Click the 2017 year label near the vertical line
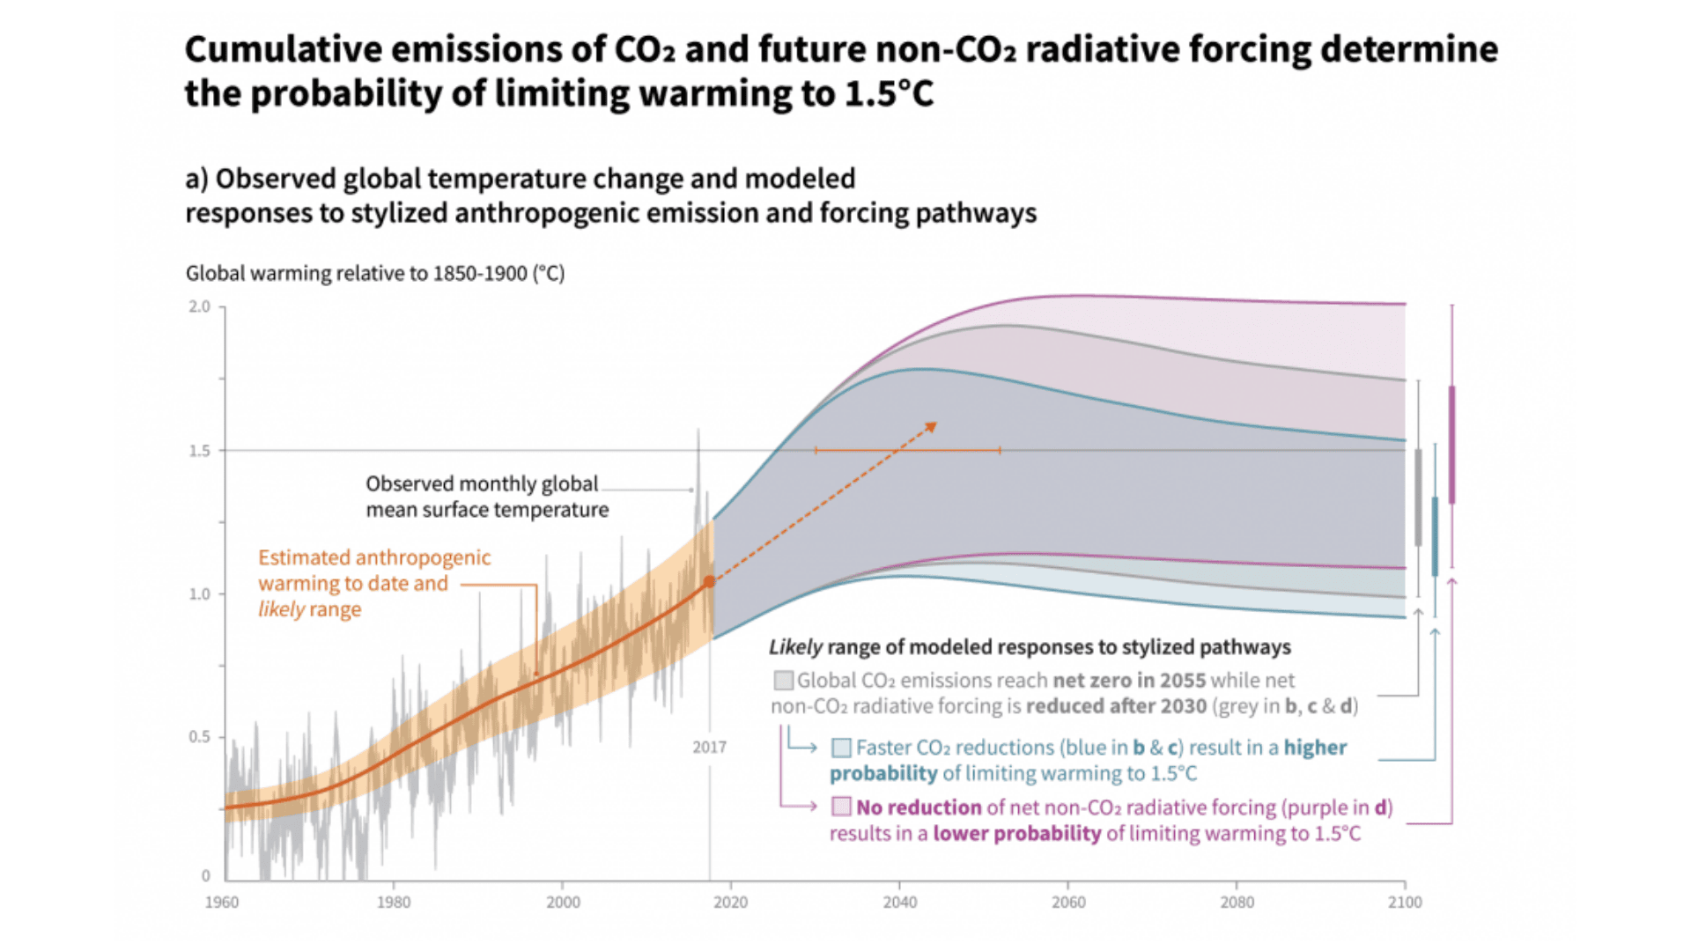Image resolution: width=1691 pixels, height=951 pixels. (x=709, y=748)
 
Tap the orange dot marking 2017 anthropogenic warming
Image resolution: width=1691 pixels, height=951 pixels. (x=709, y=582)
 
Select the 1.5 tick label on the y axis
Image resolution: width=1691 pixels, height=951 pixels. (x=200, y=451)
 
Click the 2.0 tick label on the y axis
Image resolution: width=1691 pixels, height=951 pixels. (x=200, y=306)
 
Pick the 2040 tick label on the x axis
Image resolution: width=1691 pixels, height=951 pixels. (x=900, y=903)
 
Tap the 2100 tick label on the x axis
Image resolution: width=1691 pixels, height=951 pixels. (x=1405, y=903)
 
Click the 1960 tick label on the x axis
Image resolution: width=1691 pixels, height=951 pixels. (x=222, y=903)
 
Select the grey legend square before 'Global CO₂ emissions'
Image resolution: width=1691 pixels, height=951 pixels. (x=783, y=681)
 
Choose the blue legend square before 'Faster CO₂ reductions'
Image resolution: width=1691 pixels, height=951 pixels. (x=841, y=748)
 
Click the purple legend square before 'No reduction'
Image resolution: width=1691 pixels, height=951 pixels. (x=841, y=807)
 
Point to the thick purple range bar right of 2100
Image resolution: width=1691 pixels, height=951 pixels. (x=1451, y=445)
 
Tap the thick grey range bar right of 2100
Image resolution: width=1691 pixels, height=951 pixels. (x=1418, y=498)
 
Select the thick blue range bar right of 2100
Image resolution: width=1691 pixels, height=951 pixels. (x=1435, y=537)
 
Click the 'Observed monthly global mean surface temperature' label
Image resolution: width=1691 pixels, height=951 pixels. (x=486, y=497)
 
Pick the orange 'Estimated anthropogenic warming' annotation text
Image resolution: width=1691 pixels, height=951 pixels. (x=373, y=583)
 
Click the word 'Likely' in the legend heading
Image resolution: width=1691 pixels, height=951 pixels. (x=795, y=647)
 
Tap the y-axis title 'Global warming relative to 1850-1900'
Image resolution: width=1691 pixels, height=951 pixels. (x=374, y=274)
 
